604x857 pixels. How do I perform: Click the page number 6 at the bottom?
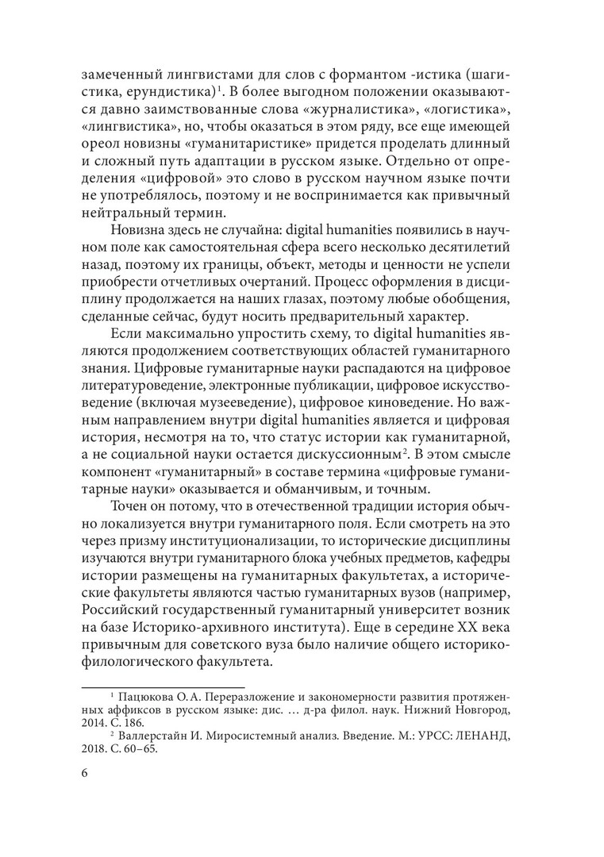[x=86, y=775]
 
